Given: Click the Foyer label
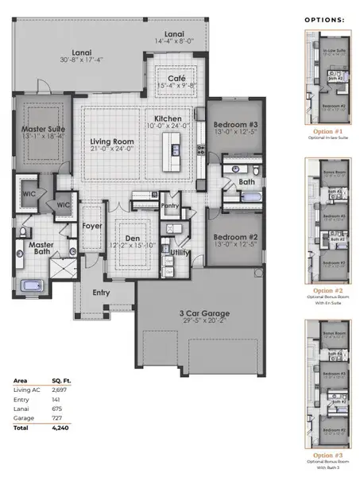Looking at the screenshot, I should [x=91, y=225].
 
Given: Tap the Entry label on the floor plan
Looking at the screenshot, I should [x=101, y=293].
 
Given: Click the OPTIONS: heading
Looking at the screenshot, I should [x=324, y=18].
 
